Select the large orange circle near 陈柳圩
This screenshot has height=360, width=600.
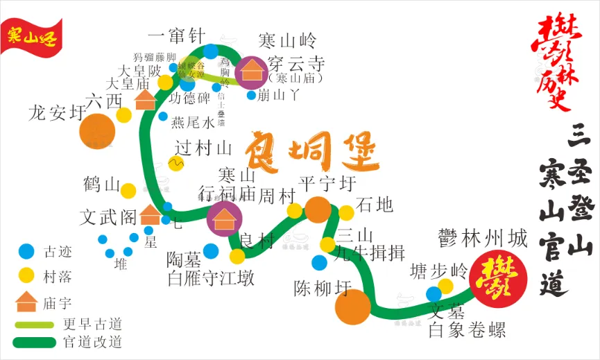coord(352,307)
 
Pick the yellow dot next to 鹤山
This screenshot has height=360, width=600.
coord(128,190)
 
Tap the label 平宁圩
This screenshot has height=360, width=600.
coord(327,184)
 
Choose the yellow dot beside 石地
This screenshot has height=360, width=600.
coord(346,212)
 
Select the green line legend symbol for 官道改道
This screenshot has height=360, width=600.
coord(34,342)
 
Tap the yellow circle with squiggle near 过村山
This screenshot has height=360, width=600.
coord(175,164)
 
